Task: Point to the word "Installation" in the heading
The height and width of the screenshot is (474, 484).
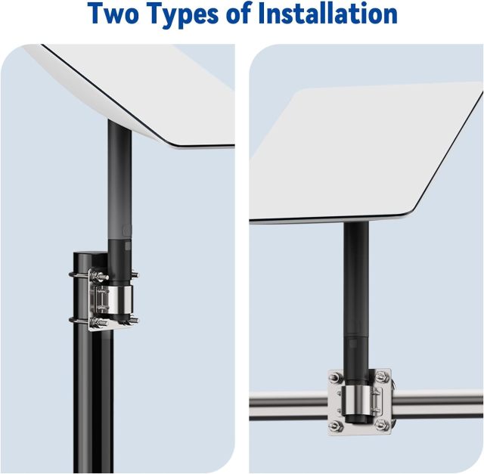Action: click(327, 14)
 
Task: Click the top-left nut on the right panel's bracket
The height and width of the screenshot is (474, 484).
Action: click(334, 376)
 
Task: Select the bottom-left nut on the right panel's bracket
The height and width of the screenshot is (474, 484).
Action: click(335, 426)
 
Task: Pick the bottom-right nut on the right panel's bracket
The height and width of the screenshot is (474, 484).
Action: click(380, 426)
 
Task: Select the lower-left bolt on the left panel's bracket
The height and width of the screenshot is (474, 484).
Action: click(101, 323)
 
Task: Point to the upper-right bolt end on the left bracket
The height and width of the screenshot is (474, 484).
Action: click(135, 274)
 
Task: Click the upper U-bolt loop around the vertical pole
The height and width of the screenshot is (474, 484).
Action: click(79, 275)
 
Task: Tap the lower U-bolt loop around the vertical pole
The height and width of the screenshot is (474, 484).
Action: click(79, 321)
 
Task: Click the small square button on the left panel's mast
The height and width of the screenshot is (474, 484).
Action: click(128, 246)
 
